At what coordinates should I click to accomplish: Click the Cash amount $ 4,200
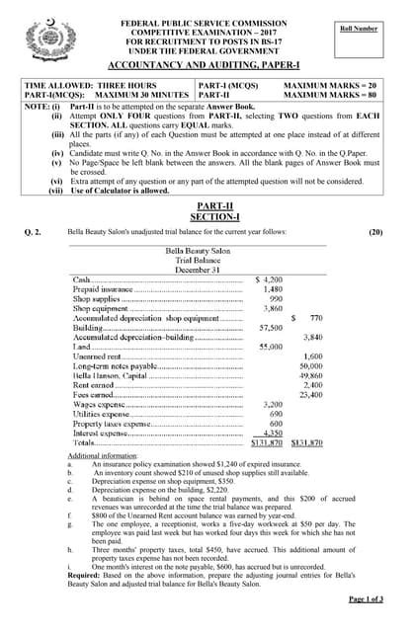click(x=269, y=279)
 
